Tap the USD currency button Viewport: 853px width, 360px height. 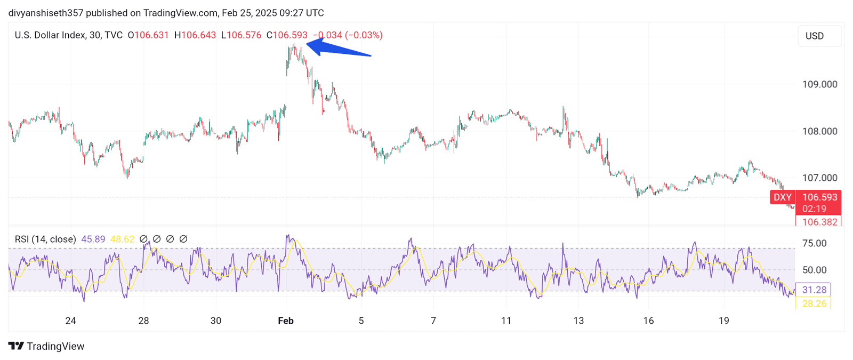(x=815, y=36)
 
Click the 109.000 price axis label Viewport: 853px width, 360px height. (x=819, y=84)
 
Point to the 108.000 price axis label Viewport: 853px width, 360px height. (x=819, y=131)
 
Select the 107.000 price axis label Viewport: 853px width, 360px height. (x=819, y=178)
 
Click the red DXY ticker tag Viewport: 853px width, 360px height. (x=783, y=197)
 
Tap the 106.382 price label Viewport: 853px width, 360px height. (x=819, y=222)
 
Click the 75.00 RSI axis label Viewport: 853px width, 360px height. (x=814, y=243)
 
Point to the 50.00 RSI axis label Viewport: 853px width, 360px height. (x=814, y=270)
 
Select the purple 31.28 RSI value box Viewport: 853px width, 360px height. (x=814, y=290)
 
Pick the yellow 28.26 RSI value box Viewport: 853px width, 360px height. (x=814, y=303)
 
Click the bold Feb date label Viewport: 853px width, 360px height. (x=286, y=321)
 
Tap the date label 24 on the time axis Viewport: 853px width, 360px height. (x=70, y=321)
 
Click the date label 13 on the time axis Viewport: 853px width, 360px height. (x=578, y=321)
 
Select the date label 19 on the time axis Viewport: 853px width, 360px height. (x=723, y=321)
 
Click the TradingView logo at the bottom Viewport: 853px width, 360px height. (x=46, y=346)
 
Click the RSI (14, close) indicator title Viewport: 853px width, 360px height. (x=45, y=239)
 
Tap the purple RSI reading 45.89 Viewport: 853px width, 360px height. (x=93, y=239)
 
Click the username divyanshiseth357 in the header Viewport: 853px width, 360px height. (x=45, y=13)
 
